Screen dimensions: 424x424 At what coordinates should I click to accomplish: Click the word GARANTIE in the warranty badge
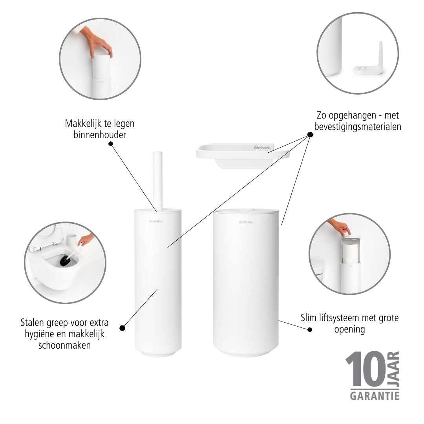tap(375, 396)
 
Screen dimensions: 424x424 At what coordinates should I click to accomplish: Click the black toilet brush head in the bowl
tap(65, 261)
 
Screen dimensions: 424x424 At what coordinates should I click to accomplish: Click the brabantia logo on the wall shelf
tap(262, 148)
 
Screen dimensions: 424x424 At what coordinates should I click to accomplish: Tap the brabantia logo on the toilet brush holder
tap(156, 221)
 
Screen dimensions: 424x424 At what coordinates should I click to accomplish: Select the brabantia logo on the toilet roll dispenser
tap(246, 222)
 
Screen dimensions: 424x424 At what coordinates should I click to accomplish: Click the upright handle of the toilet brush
tap(158, 181)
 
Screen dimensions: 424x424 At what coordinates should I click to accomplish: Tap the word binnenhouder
tap(100, 135)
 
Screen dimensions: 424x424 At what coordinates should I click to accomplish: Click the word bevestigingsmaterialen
tap(358, 126)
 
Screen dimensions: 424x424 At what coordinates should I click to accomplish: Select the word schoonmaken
tap(64, 345)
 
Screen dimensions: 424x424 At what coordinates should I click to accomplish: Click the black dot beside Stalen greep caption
tap(122, 328)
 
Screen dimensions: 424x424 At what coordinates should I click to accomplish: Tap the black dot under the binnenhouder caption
tap(111, 144)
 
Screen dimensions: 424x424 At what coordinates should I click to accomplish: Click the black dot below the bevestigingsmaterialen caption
tap(310, 134)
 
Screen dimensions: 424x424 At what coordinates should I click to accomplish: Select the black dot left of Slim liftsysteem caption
tap(310, 330)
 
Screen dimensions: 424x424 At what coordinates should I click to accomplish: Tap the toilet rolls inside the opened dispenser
tap(349, 253)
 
